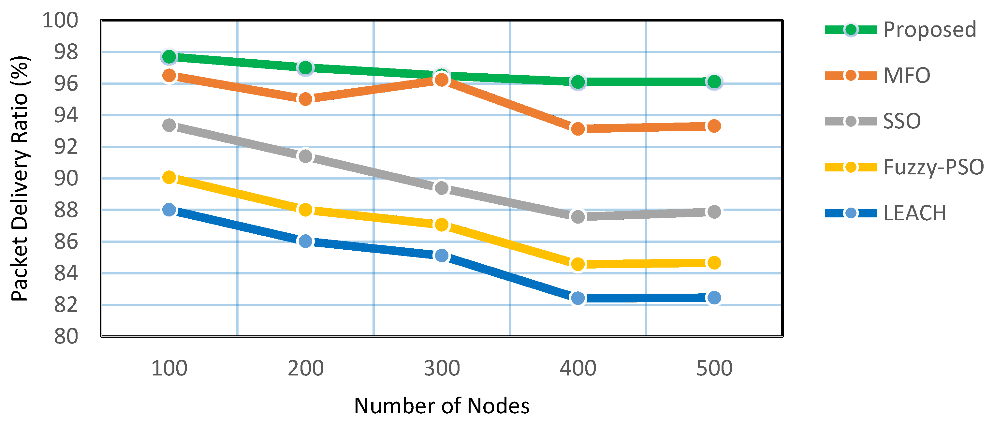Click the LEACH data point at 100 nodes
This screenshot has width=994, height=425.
[x=169, y=210]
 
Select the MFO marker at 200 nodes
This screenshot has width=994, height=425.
[x=305, y=99]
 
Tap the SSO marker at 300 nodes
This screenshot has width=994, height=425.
[x=442, y=188]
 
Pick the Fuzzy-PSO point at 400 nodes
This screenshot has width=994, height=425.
[x=577, y=264]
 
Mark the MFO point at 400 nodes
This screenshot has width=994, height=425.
[x=577, y=128]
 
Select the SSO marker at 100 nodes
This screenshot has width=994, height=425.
[x=169, y=125]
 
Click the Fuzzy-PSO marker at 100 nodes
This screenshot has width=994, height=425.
[x=169, y=177]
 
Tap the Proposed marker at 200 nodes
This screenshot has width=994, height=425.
[x=305, y=67]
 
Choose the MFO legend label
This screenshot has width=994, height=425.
[x=906, y=75]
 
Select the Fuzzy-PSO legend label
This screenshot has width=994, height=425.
[x=933, y=167]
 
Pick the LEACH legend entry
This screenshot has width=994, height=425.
[x=914, y=213]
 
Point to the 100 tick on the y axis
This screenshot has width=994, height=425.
[x=60, y=20]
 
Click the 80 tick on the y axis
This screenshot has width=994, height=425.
[x=66, y=336]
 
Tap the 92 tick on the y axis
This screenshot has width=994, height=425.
[x=66, y=147]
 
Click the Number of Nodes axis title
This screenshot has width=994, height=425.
[x=442, y=406]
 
